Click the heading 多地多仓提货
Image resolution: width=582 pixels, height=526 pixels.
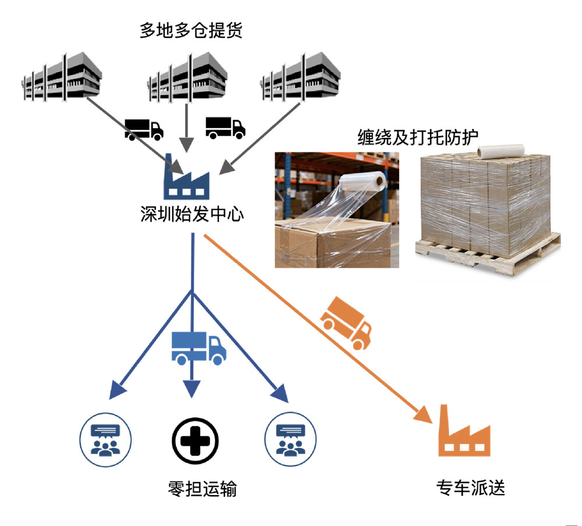[x=190, y=30]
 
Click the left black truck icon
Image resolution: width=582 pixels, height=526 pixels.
[x=144, y=129]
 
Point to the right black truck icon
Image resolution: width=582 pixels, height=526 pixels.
[x=225, y=127]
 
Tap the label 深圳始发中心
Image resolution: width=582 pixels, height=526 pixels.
[x=191, y=214]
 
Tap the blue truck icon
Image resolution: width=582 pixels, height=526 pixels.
[x=198, y=347]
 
